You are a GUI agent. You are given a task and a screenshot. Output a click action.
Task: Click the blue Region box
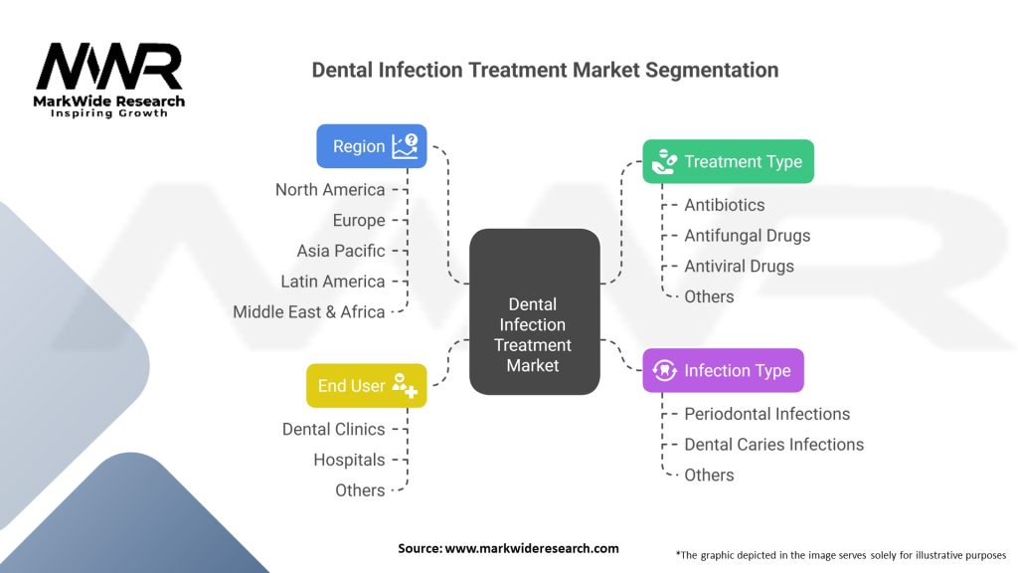(x=372, y=146)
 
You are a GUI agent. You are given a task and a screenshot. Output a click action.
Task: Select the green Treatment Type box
(x=728, y=161)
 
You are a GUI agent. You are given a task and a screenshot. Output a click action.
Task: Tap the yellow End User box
(x=366, y=386)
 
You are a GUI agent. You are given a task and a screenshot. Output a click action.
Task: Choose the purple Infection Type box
(x=724, y=370)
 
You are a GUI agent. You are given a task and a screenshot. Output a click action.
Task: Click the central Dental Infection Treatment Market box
(x=534, y=311)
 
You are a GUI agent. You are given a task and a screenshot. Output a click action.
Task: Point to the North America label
(x=330, y=190)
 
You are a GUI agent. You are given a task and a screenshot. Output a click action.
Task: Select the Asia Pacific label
(x=341, y=251)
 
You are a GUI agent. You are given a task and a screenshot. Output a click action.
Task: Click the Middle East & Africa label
(x=309, y=311)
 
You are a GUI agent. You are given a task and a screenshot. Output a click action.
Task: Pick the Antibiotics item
(x=725, y=205)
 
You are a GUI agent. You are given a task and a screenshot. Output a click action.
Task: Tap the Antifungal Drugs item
(x=748, y=235)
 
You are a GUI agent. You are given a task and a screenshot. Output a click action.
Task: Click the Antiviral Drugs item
(x=739, y=266)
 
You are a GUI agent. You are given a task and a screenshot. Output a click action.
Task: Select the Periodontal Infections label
(x=766, y=414)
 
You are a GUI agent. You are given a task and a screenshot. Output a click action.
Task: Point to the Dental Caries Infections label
(x=773, y=445)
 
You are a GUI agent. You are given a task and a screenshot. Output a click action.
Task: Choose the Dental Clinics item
(x=334, y=429)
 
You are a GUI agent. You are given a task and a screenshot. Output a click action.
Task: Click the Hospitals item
(x=349, y=460)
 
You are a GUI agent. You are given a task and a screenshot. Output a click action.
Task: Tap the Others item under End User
(x=360, y=490)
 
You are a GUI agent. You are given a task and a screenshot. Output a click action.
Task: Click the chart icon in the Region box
(x=406, y=146)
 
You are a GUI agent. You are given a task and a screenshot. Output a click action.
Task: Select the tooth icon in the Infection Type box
(x=664, y=370)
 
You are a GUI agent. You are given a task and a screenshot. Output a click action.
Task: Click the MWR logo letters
(x=109, y=67)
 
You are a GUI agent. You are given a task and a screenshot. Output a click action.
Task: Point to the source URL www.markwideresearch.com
(x=532, y=548)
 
